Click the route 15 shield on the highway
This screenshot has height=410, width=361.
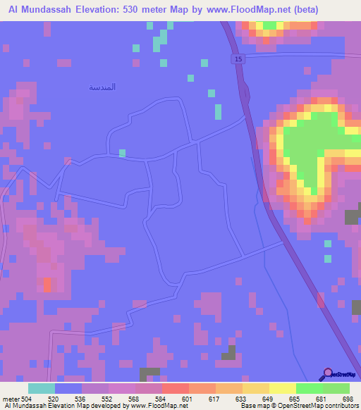(x=238, y=60)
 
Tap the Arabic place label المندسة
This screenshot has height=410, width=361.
(x=102, y=87)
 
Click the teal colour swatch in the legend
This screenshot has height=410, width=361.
(x=42, y=388)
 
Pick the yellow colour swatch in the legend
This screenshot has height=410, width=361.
(x=282, y=388)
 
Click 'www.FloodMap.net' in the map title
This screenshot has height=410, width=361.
(x=237, y=10)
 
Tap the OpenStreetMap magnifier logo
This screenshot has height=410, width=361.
(x=327, y=374)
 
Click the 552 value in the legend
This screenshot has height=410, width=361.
(x=90, y=398)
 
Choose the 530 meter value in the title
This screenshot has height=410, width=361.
(x=150, y=10)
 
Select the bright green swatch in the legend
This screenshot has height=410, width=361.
(x=309, y=388)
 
